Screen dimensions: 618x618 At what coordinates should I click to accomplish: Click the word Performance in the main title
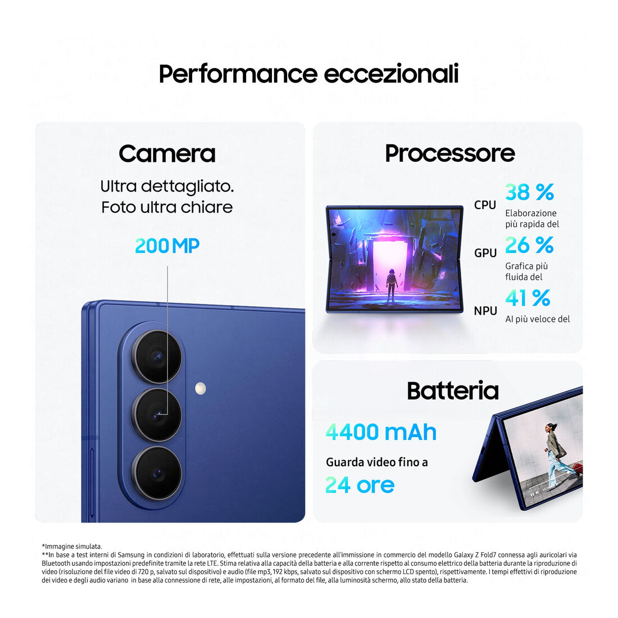tap(238, 74)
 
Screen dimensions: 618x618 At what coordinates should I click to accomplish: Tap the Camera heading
tap(167, 153)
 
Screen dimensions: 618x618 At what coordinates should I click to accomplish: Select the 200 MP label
tap(167, 246)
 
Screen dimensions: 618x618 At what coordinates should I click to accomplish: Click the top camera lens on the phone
tap(157, 357)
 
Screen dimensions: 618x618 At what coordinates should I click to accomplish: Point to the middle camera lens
tap(157, 415)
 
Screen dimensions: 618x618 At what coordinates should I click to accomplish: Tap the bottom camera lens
tap(157, 473)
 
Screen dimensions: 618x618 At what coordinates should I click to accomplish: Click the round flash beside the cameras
tap(201, 388)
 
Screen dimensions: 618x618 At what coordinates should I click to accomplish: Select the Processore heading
tap(450, 153)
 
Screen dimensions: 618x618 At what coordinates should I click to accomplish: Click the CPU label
tap(485, 205)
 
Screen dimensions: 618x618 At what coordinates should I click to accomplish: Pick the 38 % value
tap(530, 192)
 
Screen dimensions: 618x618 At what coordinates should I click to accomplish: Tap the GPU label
tap(485, 253)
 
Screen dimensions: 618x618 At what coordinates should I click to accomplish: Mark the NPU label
tap(485, 311)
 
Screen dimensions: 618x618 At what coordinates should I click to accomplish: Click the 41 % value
tap(528, 298)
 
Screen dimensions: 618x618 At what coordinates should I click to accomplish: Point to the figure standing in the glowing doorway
tap(391, 285)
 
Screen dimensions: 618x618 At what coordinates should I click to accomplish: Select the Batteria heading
tap(453, 390)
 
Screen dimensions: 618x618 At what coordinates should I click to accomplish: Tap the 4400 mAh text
tap(381, 433)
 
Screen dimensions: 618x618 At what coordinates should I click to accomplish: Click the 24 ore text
tap(360, 485)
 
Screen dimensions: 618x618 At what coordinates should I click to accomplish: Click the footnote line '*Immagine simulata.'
tap(72, 546)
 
